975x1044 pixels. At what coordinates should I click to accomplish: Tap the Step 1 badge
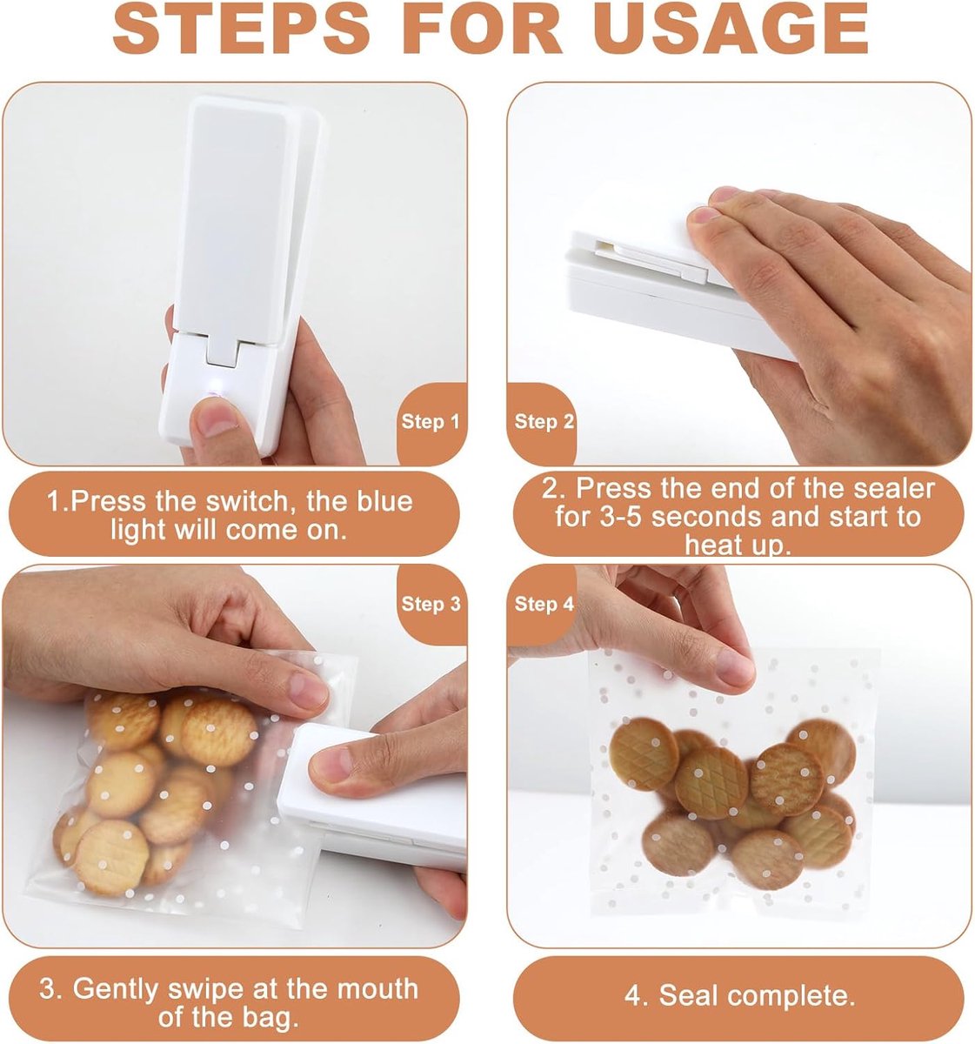[431, 422]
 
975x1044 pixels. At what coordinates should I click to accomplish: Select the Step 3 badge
[431, 604]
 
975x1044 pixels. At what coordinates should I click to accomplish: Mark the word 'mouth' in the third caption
[378, 989]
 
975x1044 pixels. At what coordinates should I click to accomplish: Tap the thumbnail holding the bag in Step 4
[734, 667]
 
